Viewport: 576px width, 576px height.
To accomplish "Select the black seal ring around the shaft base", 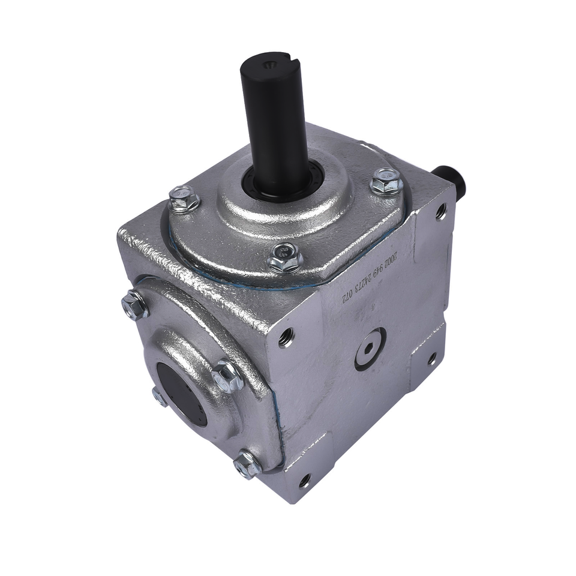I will point(282,179).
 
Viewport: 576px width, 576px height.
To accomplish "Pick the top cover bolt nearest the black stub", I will point(386,181).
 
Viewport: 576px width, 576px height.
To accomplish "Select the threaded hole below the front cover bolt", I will point(286,337).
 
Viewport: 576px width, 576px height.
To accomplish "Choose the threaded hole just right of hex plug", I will point(431,359).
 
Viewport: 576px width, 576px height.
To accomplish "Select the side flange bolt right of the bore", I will point(228,376).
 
